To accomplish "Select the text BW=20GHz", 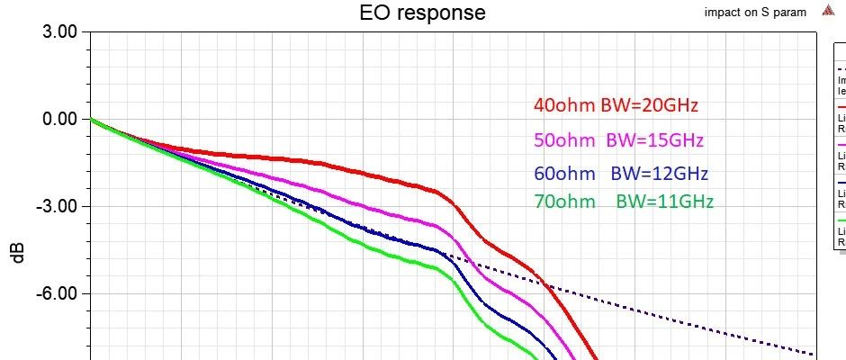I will click(650, 105).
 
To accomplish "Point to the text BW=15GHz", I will click(654, 140).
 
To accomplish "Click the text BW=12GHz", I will click(659, 173).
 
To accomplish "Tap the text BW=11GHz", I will click(664, 202).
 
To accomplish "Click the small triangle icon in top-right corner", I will click(827, 12).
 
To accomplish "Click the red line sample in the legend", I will click(841, 106).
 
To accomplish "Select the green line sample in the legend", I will click(841, 220).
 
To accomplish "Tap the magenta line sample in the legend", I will click(841, 144).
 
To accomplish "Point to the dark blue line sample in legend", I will click(841, 183).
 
